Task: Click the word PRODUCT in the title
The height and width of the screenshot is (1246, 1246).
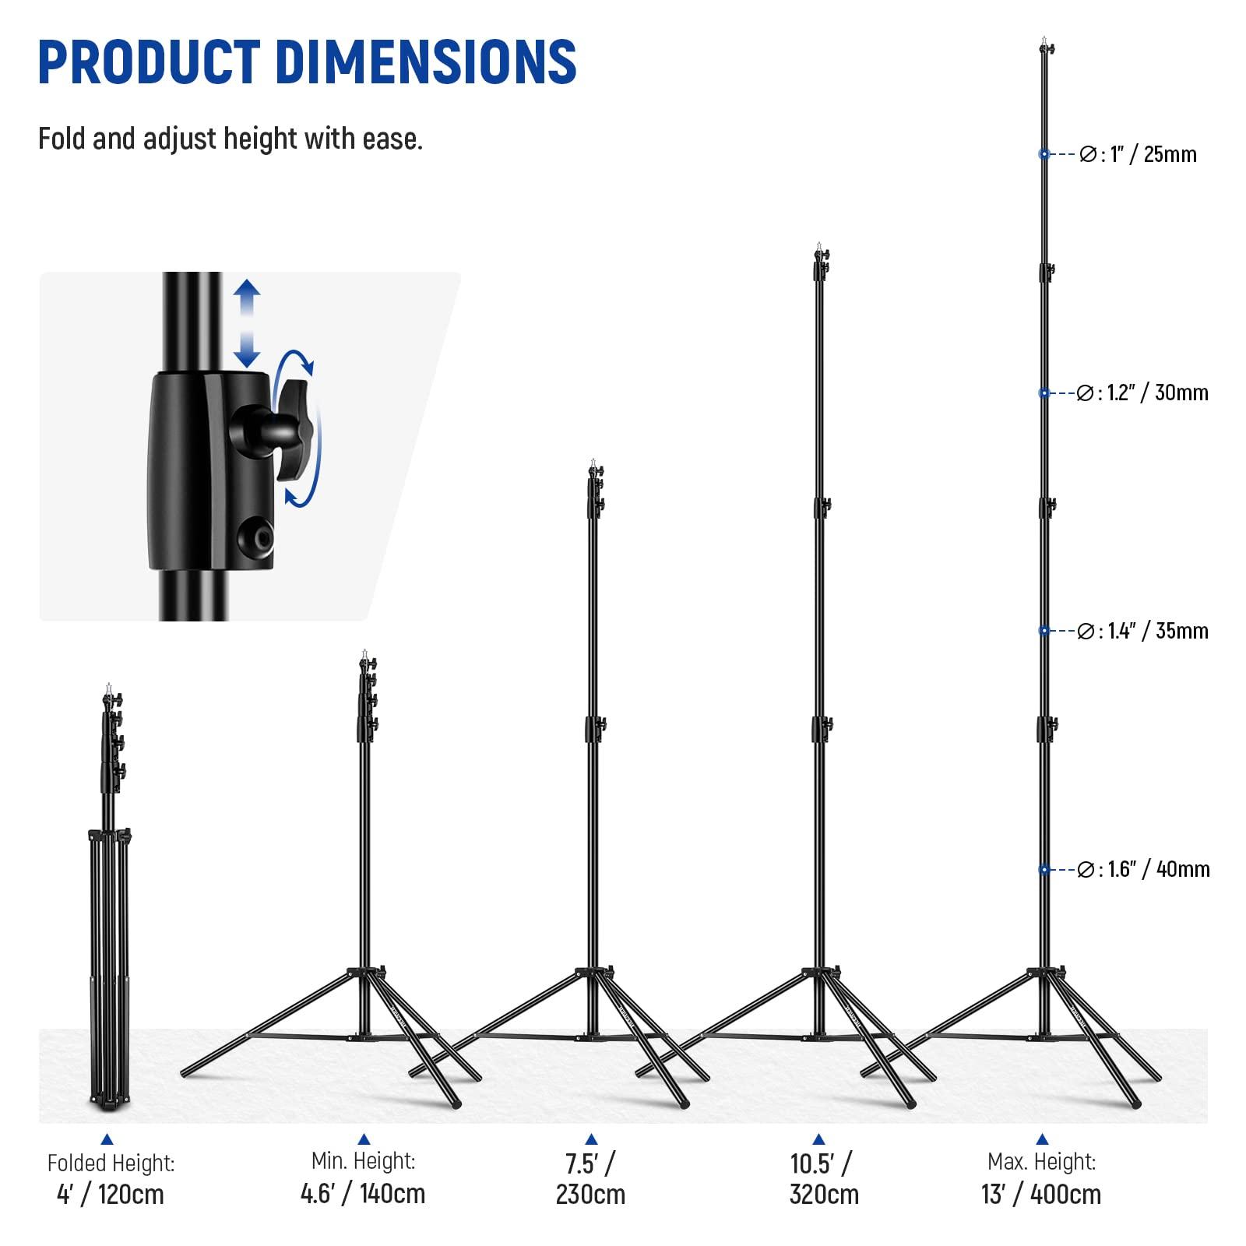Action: point(149,62)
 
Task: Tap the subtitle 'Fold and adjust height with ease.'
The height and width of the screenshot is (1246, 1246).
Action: point(231,139)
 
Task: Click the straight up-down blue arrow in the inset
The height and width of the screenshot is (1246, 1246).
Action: point(247,324)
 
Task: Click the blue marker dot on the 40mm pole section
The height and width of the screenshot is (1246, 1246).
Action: point(1044,869)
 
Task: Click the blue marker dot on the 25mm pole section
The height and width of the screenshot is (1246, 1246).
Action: point(1044,154)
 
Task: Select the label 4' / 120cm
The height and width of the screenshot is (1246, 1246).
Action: point(111,1195)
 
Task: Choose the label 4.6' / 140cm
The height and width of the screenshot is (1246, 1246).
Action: point(363,1193)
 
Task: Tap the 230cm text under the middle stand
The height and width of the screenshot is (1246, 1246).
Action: point(590,1195)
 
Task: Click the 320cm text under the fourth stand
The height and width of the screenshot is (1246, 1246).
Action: point(824,1195)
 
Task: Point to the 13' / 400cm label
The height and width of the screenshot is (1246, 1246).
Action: point(1041,1195)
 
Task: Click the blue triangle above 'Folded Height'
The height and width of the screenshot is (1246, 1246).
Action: point(107,1139)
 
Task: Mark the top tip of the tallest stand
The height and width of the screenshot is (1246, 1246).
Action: point(1044,39)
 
